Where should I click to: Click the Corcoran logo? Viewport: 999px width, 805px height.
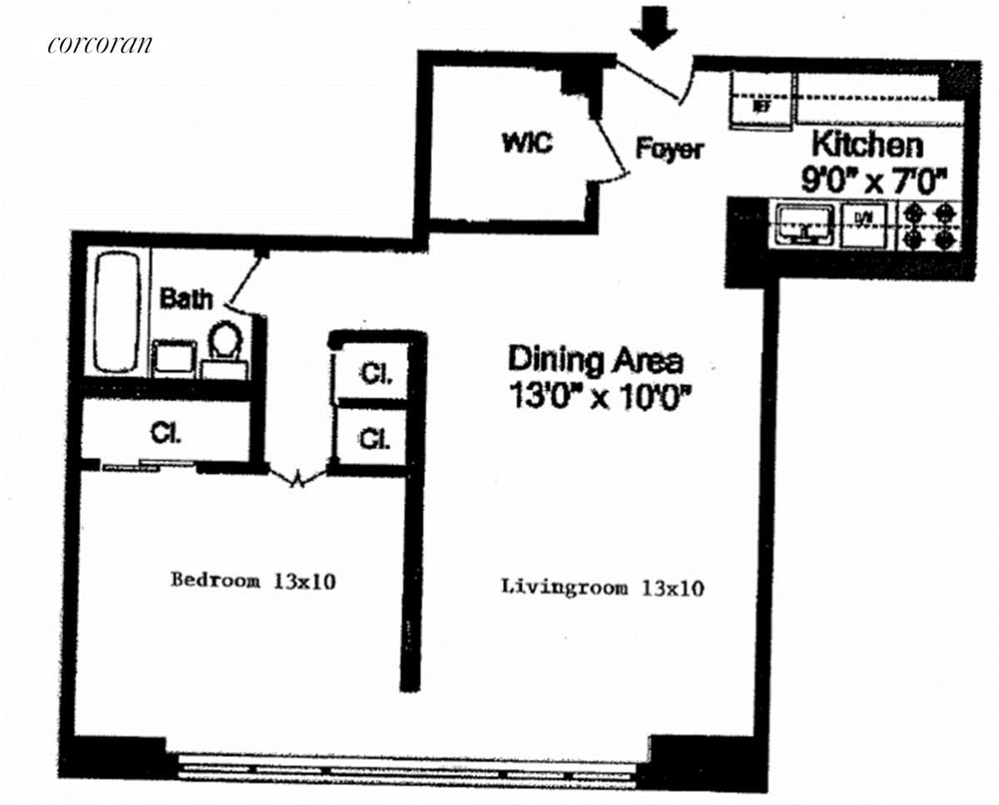click(x=100, y=43)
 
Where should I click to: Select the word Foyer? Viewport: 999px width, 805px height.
click(x=669, y=149)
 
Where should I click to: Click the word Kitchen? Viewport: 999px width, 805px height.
click(x=867, y=144)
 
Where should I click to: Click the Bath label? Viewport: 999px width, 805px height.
click(x=186, y=297)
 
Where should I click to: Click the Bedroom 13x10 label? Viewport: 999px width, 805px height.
click(x=253, y=580)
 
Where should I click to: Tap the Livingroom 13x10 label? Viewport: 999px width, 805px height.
click(x=603, y=588)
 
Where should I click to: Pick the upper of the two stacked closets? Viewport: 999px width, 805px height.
click(x=372, y=373)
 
